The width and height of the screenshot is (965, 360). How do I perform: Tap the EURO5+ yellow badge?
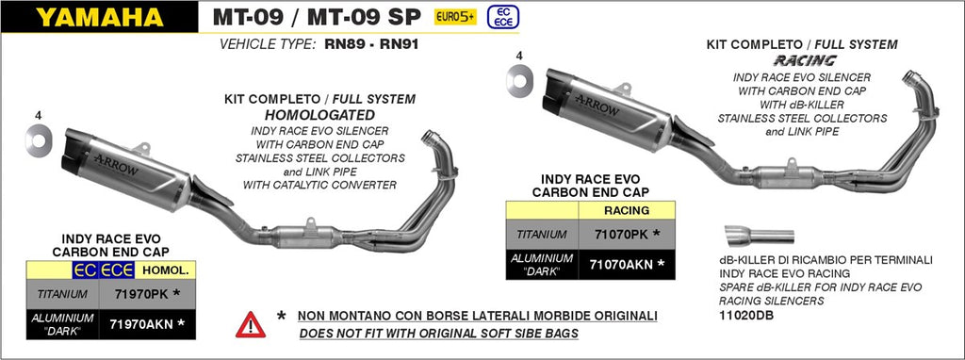(x=455, y=17)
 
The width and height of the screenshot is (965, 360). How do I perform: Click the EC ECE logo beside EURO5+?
(x=499, y=17)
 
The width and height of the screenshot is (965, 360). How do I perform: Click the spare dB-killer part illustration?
(x=760, y=236)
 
